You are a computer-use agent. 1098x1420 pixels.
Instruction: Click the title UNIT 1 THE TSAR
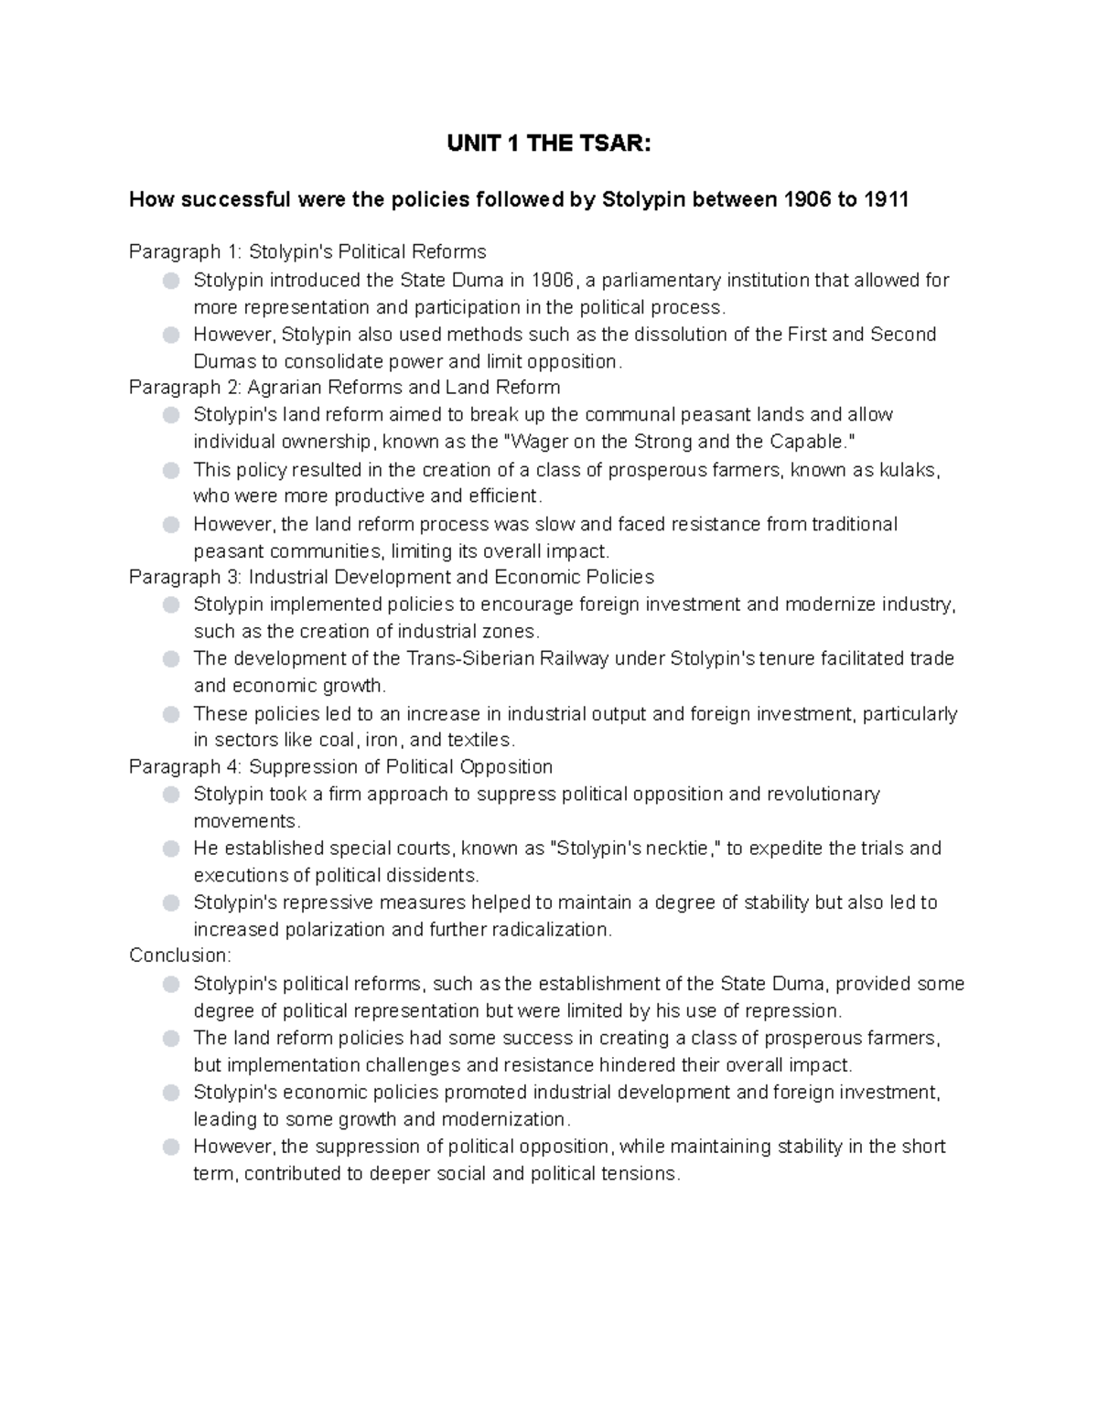[548, 144]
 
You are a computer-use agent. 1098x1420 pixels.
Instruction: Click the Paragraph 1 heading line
[307, 251]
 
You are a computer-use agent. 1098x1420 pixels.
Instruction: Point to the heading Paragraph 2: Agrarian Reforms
[344, 387]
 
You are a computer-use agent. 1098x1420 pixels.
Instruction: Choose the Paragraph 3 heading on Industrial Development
[392, 577]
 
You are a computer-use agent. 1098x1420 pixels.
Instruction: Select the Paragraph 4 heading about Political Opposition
[340, 766]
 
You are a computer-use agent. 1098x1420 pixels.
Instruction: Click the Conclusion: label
[180, 956]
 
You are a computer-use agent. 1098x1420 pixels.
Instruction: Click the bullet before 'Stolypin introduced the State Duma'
[171, 281]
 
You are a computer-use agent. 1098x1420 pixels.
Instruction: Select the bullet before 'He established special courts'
[171, 849]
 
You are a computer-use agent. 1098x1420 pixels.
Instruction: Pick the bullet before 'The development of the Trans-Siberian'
[171, 659]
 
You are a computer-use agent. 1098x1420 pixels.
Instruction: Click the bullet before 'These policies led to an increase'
[171, 714]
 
